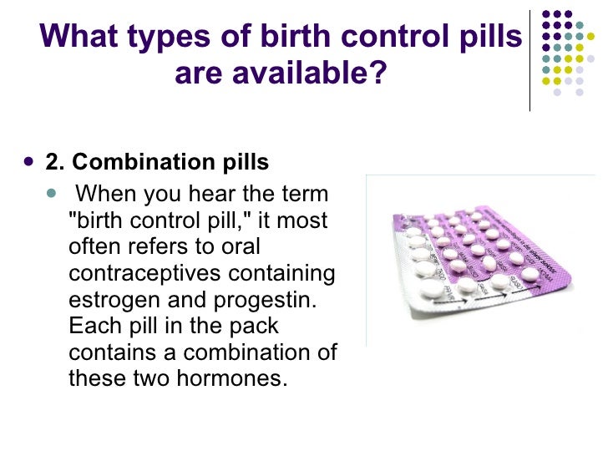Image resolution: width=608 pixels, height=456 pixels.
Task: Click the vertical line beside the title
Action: point(530,58)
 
